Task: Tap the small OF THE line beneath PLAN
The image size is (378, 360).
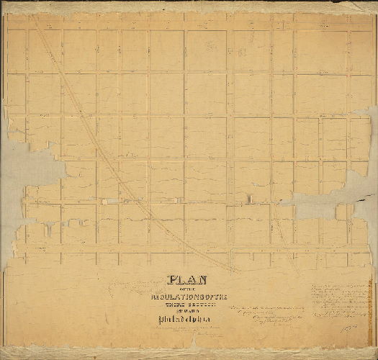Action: pyautogui.click(x=186, y=289)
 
